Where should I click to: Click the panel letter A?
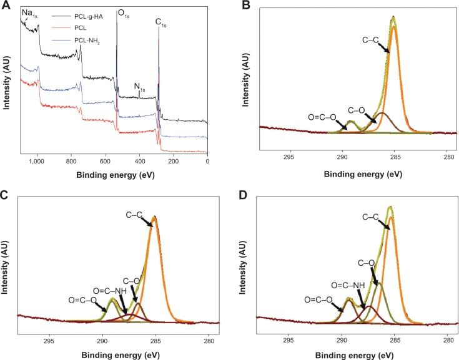coord(5,6)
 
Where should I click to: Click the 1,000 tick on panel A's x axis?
coord(37,162)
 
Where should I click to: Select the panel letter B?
coord(246,6)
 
